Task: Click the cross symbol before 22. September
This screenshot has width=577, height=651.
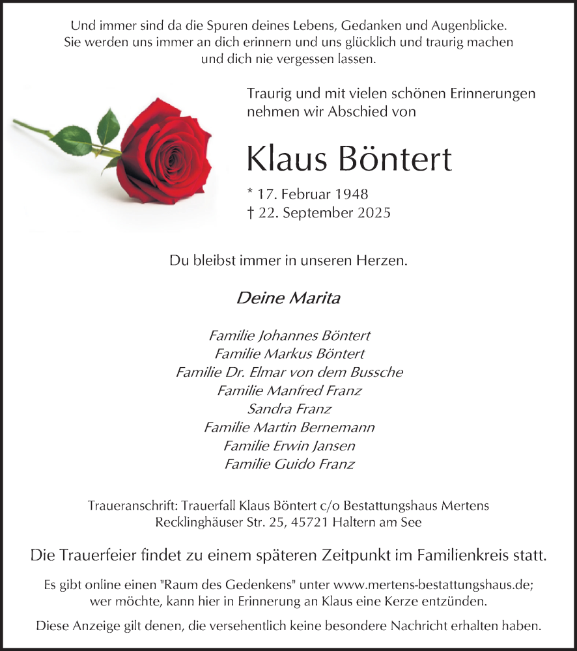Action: (250, 212)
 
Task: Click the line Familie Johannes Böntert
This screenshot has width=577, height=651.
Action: (289, 336)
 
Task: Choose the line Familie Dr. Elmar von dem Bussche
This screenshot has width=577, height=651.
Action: (289, 372)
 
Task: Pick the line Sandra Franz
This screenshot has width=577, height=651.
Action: (289, 409)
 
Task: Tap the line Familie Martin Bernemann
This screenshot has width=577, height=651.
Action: (289, 428)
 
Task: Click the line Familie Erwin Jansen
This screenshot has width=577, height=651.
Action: (289, 446)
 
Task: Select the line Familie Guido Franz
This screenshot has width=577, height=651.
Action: (289, 464)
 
